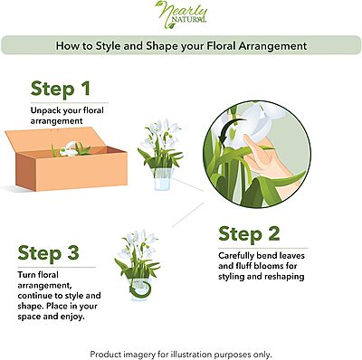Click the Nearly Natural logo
pyautogui.click(x=182, y=14)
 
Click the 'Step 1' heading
pyautogui.click(x=61, y=89)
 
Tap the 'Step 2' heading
pyautogui.click(x=249, y=233)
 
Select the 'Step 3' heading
pyautogui.click(x=49, y=252)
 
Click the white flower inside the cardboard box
pyautogui.click(x=69, y=149)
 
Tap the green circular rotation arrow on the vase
pyautogui.click(x=140, y=289)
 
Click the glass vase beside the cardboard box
pyautogui.click(x=162, y=179)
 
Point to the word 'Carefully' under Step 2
pyautogui.click(x=236, y=256)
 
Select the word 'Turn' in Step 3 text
pyautogui.click(x=26, y=275)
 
